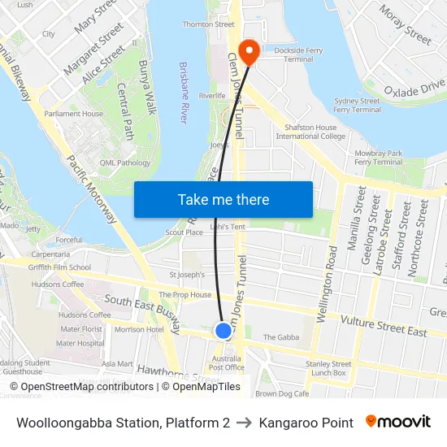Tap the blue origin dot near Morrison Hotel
(223, 331)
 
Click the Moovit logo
(398, 422)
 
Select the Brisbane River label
(184, 93)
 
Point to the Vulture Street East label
(384, 327)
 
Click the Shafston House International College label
(310, 132)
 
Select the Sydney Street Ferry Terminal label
(357, 106)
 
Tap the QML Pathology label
(125, 163)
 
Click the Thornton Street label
(208, 24)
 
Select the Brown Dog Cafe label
(282, 393)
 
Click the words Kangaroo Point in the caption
(313, 423)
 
